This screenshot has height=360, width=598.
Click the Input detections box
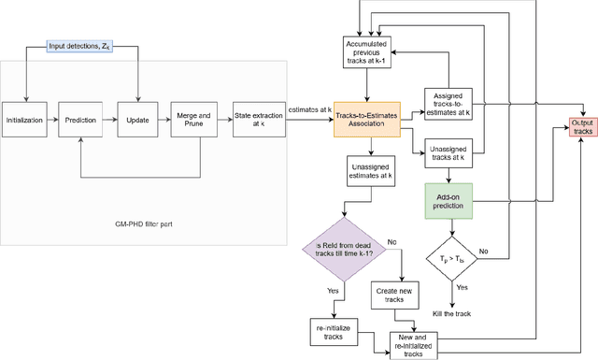click(x=82, y=46)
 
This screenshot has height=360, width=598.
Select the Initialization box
click(x=25, y=120)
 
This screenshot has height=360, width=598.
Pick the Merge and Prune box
click(x=193, y=120)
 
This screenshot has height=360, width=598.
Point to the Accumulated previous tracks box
click(x=367, y=53)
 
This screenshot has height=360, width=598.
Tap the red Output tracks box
click(x=582, y=126)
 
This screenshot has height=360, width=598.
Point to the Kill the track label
click(x=452, y=314)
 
